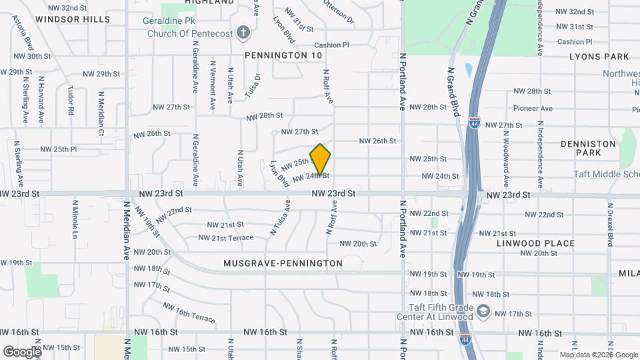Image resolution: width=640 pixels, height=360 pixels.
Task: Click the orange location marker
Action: coord(320,159)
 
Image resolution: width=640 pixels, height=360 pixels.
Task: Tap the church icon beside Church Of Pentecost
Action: coord(243,33)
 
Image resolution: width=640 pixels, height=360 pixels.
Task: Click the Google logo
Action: coord(22,351)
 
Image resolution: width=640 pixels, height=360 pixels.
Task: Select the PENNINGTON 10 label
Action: coord(283,55)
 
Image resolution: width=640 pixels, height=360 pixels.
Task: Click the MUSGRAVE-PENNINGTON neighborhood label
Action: coord(283,263)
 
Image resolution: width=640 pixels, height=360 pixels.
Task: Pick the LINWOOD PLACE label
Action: coord(535,243)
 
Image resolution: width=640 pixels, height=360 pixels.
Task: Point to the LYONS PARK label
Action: coord(599,57)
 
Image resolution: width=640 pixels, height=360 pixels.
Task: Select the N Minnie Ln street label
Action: coord(75,219)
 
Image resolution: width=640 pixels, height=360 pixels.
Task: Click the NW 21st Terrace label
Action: coord(226,237)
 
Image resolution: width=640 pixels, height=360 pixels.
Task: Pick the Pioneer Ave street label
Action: coord(533,108)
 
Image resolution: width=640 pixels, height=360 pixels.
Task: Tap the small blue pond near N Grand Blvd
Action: coord(468,69)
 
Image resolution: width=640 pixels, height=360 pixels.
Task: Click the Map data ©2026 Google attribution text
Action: coord(599,355)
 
